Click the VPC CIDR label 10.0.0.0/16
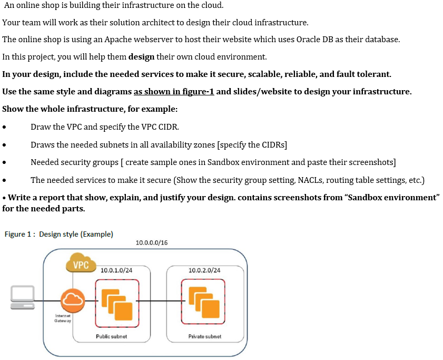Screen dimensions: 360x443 point(152,242)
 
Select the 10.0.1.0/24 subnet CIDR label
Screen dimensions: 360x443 point(116,270)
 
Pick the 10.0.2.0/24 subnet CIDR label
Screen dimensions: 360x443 point(204,270)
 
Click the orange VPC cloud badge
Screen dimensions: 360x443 point(80,264)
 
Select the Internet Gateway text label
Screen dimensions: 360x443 point(63,318)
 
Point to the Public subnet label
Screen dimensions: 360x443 point(111,336)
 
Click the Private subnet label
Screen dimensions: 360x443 point(205,336)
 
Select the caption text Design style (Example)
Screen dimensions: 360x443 point(76,234)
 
